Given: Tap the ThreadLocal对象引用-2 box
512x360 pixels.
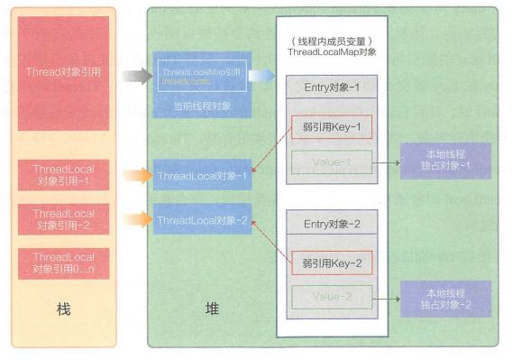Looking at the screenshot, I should coord(63,219).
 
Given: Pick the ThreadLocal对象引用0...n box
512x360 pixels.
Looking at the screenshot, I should coord(63,263).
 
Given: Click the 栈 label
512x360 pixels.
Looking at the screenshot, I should coord(63,309).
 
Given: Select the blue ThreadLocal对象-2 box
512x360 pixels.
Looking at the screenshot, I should coord(202,219).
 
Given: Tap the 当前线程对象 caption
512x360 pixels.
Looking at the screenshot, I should coord(203,106).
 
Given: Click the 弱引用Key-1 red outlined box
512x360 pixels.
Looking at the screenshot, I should coord(330,127).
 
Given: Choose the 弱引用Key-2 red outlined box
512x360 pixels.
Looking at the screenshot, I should coord(330,263).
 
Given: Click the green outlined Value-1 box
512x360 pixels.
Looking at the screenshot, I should coord(330,162).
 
